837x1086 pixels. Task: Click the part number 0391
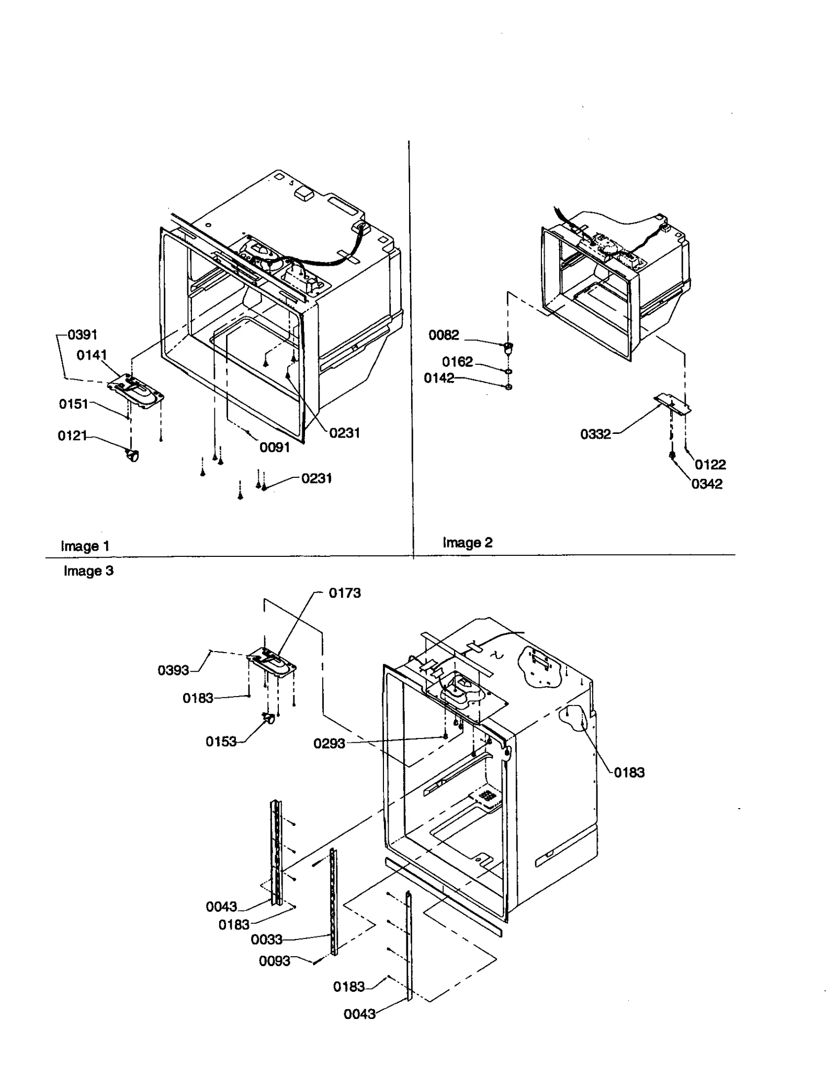(x=83, y=335)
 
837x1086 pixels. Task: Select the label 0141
(x=92, y=355)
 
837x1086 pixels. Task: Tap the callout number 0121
(x=72, y=435)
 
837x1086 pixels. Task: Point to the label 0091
(x=275, y=447)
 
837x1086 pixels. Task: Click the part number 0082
(x=444, y=335)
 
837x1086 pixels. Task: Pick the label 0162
(x=457, y=362)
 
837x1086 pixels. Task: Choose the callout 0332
(x=595, y=434)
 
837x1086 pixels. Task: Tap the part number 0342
(x=707, y=484)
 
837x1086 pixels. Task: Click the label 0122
(x=710, y=465)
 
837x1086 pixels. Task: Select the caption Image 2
(x=467, y=543)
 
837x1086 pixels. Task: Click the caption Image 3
(x=88, y=571)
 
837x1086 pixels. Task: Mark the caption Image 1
(x=85, y=546)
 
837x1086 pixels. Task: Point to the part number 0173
(x=344, y=593)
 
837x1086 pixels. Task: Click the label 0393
(x=173, y=670)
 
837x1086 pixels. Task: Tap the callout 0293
(x=329, y=744)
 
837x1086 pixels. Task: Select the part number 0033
(x=266, y=940)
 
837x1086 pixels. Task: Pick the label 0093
(x=274, y=961)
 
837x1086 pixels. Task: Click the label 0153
(x=221, y=742)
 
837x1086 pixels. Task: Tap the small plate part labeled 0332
(x=672, y=405)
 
